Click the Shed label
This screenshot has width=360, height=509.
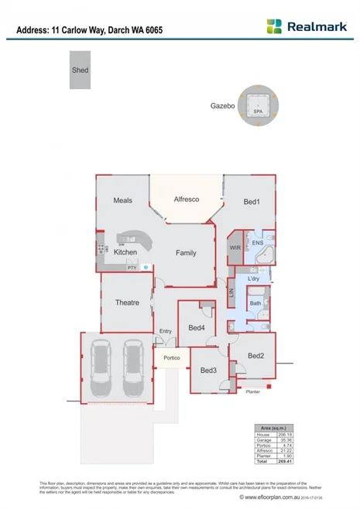click(81, 70)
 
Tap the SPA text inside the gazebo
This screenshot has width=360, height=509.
click(257, 111)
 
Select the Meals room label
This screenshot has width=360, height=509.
click(122, 200)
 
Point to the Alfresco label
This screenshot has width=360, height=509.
click(187, 200)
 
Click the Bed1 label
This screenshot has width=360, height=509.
click(251, 202)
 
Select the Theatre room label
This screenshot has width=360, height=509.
click(126, 302)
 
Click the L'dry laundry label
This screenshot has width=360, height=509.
click(253, 278)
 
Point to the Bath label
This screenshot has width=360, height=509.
click(255, 303)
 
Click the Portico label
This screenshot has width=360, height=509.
click(171, 358)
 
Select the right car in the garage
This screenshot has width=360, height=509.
click(134, 367)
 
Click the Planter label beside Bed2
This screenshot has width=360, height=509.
click(252, 392)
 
